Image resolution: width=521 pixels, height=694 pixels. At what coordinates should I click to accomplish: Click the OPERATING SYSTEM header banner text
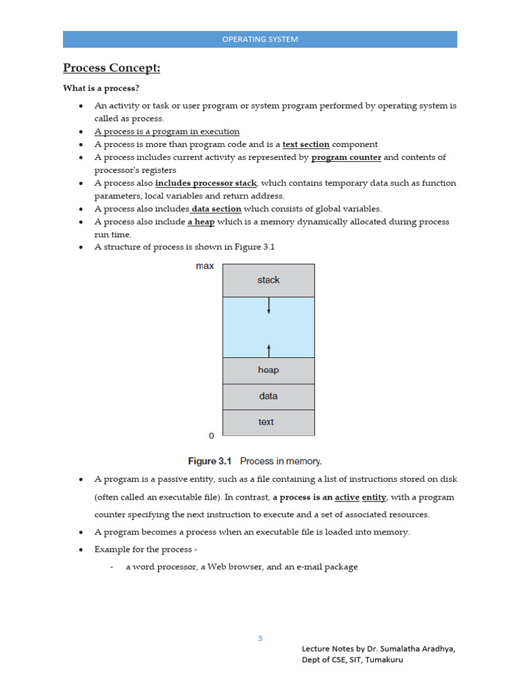(x=260, y=39)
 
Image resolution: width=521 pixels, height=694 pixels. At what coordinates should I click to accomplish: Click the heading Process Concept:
(x=111, y=68)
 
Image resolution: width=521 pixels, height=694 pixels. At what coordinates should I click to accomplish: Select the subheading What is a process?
(x=100, y=88)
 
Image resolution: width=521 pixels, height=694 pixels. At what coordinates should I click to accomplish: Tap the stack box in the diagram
(x=269, y=280)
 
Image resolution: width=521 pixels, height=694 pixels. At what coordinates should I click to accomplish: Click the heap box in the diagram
(x=269, y=370)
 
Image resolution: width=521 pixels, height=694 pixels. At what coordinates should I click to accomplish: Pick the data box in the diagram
(x=269, y=396)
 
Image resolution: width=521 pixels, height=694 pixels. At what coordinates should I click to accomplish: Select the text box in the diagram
(x=267, y=422)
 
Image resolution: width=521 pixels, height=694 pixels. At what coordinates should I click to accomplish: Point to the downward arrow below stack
(x=269, y=306)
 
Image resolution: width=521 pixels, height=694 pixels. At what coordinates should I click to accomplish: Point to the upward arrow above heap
(x=269, y=350)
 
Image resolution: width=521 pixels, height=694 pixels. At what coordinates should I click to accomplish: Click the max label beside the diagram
(x=205, y=266)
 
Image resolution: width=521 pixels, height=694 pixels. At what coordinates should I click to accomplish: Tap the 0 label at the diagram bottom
(x=211, y=435)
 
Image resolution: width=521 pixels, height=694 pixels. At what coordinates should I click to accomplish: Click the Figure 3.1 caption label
(x=210, y=461)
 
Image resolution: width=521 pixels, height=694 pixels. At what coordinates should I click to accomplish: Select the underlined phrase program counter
(x=346, y=157)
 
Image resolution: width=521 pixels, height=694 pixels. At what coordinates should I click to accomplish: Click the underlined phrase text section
(x=306, y=144)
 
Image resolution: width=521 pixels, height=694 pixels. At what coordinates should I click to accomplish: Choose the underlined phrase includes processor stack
(x=206, y=183)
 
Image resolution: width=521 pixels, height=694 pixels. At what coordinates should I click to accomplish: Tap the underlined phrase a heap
(x=201, y=222)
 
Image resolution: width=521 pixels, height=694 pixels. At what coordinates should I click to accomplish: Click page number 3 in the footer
(x=260, y=638)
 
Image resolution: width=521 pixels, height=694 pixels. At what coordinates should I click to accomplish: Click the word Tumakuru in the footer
(x=384, y=659)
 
